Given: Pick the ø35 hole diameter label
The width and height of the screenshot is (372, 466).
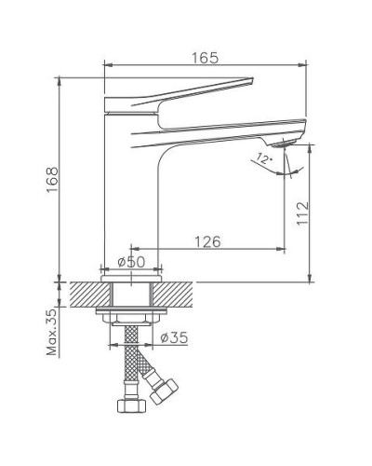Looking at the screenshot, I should coord(174,337).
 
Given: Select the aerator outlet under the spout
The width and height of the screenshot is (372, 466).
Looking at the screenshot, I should coord(280,143).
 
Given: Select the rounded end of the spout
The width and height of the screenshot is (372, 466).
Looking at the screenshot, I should coord(302,124).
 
